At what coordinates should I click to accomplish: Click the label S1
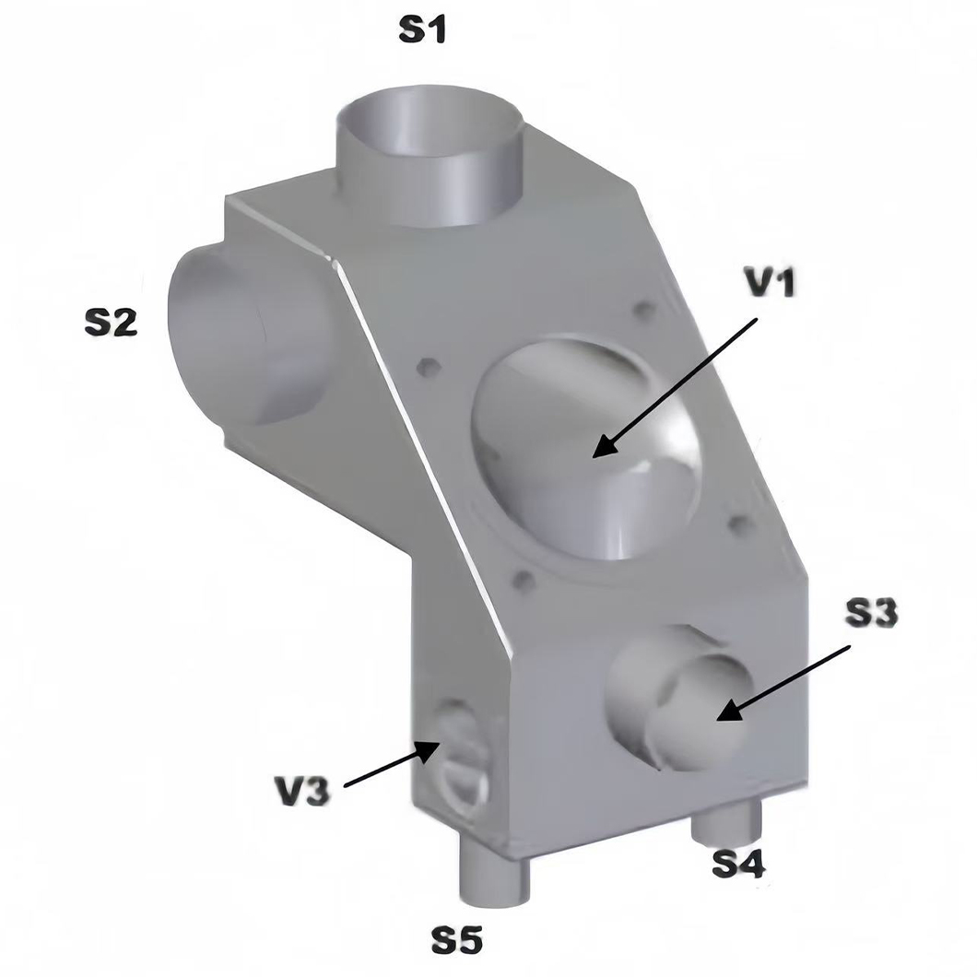[422, 29]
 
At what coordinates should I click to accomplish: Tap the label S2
[111, 323]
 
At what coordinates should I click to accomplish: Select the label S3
[871, 613]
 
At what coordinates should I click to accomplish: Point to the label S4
[739, 865]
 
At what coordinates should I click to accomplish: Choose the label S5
[457, 939]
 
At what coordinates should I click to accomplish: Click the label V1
[771, 283]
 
